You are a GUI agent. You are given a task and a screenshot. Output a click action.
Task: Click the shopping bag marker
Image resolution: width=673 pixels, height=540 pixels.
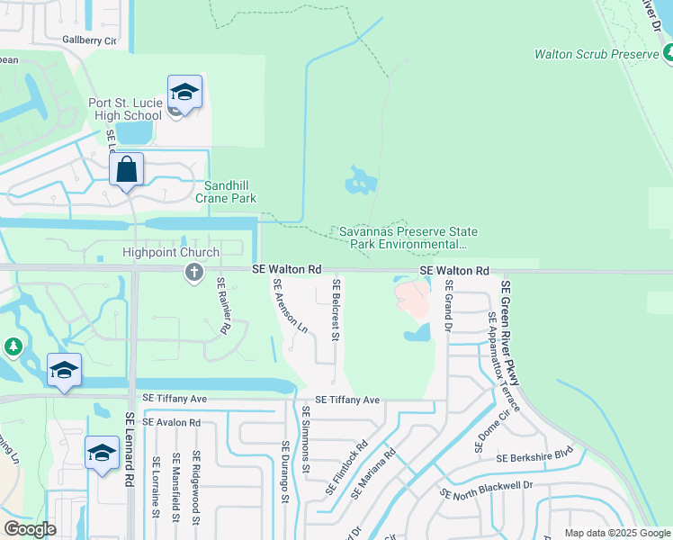tap(127, 169)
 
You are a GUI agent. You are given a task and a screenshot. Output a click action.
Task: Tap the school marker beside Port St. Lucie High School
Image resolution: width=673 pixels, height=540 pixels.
tap(184, 93)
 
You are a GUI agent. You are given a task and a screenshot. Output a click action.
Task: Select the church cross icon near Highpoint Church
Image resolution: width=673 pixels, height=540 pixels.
tap(193, 273)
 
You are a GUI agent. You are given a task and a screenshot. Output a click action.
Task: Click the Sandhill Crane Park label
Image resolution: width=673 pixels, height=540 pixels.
tap(226, 192)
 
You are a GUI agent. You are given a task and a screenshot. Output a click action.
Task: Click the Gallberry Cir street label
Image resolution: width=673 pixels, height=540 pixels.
tap(90, 40)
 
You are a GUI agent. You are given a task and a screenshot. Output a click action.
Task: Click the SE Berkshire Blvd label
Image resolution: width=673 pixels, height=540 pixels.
tap(534, 456)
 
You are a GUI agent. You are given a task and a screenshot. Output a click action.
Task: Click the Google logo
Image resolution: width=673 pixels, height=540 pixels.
tap(30, 529)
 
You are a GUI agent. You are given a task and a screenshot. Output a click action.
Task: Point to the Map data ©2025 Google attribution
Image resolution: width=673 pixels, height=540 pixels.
tap(616, 533)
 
